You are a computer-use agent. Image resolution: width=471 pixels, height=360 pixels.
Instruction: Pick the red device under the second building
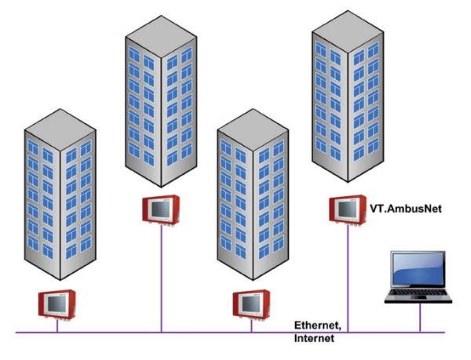(x=162, y=208)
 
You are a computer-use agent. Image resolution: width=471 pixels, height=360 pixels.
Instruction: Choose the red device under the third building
(x=252, y=302)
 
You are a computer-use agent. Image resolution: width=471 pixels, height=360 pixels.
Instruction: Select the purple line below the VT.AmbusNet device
(x=345, y=275)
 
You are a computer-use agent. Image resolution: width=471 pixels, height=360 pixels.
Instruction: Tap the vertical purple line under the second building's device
(x=162, y=275)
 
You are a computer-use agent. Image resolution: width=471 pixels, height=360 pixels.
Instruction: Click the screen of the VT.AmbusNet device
(x=343, y=208)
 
